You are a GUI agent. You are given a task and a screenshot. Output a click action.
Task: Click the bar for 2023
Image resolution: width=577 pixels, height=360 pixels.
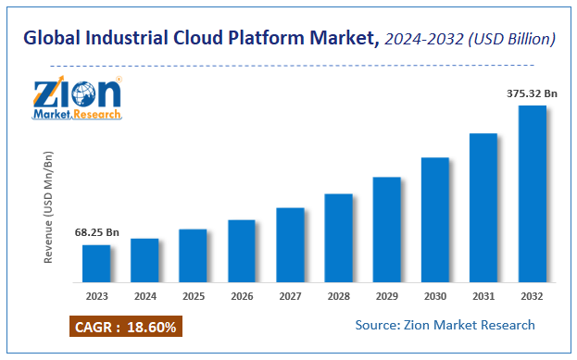[x=96, y=263]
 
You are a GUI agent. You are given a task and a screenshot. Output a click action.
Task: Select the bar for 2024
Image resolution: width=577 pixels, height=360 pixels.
[x=144, y=260]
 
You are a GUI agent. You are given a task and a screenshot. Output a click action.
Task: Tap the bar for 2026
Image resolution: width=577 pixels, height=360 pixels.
[x=242, y=251]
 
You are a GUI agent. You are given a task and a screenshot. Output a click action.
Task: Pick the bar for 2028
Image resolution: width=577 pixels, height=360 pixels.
[x=338, y=238]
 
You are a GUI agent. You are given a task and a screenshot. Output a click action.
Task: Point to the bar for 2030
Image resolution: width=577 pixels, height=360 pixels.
[x=435, y=219]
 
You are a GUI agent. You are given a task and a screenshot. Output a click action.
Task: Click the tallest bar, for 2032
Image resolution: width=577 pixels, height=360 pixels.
[x=532, y=193]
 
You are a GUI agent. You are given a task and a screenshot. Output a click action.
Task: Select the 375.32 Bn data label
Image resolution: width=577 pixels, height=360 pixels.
[x=531, y=93]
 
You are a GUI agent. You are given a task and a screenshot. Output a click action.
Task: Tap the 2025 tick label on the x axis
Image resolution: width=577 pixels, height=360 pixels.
[x=193, y=296]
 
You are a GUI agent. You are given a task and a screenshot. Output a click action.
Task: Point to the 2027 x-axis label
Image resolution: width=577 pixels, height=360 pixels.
[x=290, y=296]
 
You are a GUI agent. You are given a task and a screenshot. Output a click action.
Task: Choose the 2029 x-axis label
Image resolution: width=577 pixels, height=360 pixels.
[x=386, y=296]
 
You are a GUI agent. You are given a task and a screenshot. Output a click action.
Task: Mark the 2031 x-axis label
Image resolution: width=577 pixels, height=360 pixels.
[x=483, y=296]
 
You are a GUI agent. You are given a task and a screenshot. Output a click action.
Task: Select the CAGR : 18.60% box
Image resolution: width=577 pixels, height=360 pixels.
[x=123, y=327]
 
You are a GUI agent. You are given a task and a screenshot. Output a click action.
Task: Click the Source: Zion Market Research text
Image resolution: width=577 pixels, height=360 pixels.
[x=445, y=325]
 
